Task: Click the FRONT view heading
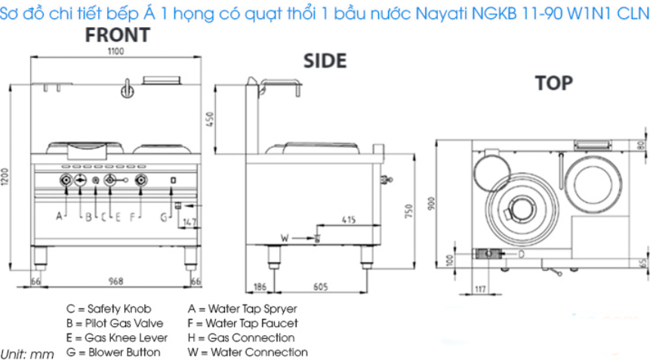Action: click(x=118, y=35)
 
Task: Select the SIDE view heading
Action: click(x=325, y=61)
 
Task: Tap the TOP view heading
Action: click(x=554, y=83)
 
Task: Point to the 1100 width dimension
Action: click(x=116, y=51)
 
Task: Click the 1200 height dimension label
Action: click(x=5, y=177)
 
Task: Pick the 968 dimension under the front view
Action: click(x=116, y=282)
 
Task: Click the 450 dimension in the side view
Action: click(x=210, y=119)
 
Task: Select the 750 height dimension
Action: click(x=408, y=211)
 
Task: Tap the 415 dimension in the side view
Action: click(x=349, y=220)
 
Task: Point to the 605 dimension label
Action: click(x=320, y=287)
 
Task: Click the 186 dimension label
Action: click(x=260, y=287)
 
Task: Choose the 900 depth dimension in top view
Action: click(x=431, y=204)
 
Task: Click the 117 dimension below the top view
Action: click(x=480, y=289)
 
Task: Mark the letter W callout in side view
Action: click(x=285, y=238)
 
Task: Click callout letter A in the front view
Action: click(x=60, y=216)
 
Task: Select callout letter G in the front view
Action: click(x=164, y=217)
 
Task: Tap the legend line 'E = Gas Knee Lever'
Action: click(x=117, y=337)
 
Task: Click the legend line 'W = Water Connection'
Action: click(x=248, y=352)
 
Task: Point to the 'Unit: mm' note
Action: click(x=27, y=354)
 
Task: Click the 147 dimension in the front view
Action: click(x=189, y=222)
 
